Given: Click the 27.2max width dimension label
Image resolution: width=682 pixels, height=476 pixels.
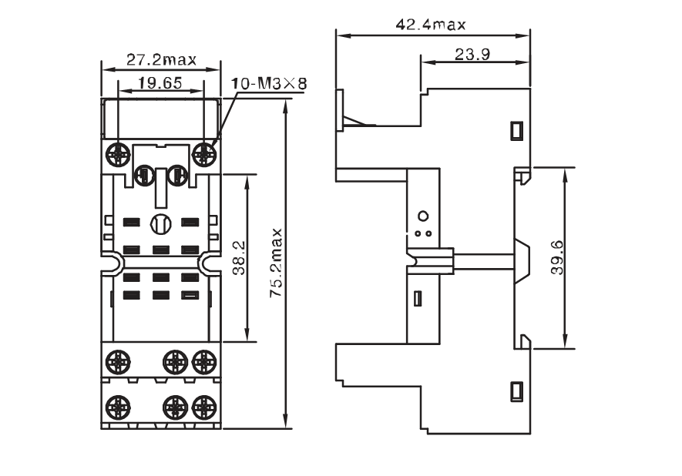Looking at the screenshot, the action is tap(161, 59).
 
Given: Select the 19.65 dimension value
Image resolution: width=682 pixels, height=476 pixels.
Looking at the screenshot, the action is tap(160, 83).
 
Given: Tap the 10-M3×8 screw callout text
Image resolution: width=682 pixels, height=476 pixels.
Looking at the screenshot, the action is tap(268, 83).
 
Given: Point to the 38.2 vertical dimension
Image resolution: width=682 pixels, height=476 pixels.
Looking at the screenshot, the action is tap(238, 258).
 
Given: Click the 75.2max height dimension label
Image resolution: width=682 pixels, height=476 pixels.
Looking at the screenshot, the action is tap(276, 263).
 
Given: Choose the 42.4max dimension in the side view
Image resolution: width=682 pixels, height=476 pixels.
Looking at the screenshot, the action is tap(431, 25).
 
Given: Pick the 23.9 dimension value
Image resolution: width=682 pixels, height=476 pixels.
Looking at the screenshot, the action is tap(472, 55).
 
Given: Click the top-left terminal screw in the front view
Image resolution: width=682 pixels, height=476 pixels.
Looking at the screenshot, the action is tap(117, 153).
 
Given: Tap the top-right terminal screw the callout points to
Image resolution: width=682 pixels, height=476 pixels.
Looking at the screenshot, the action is tap(204, 153).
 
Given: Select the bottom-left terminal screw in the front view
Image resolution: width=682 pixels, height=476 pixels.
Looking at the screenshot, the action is tap(117, 407).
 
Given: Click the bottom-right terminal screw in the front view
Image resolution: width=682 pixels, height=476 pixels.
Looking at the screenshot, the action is tap(204, 407).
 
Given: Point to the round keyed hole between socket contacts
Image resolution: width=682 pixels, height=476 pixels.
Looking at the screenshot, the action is tap(161, 224).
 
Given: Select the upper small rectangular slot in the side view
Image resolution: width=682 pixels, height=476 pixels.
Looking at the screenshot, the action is tap(516, 130).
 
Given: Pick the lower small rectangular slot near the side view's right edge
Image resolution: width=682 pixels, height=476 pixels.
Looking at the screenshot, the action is tap(516, 391).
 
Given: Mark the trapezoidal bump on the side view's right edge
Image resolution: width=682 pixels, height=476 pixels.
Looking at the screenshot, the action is tap(522, 261).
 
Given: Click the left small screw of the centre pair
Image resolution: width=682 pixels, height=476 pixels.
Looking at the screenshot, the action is tap(143, 175).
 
